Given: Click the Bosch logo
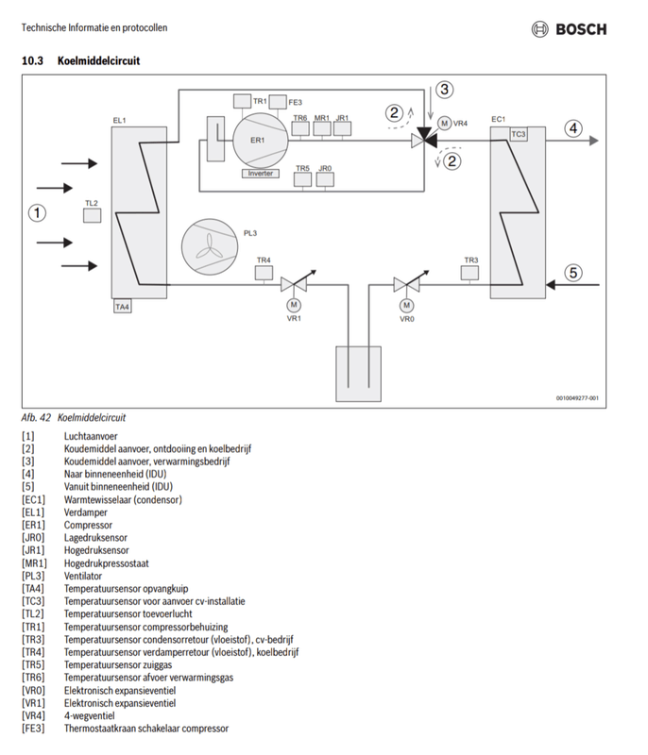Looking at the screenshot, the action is pos(569,29).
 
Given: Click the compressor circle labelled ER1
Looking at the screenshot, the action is pos(260,141).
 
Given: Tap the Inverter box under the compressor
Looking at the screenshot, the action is pos(260,174).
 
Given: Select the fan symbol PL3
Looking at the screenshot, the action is pos(210,247).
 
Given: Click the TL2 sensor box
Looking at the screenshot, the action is pos(92,215).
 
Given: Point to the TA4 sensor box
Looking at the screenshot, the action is pos(123,306).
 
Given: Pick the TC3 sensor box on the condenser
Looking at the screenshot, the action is pos(519,134).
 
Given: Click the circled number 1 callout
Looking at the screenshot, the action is pos(37,213).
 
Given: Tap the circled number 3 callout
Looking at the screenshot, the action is pos(444,89).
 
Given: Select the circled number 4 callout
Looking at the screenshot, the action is pos(573,128).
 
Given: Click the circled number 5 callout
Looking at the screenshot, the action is pos(573,273).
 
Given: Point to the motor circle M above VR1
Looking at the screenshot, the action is pos(294,305).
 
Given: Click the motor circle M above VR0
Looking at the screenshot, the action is pos(407,305).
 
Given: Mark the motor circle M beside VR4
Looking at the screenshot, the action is pos(444,124).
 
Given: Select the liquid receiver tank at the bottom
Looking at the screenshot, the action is pos(358,374).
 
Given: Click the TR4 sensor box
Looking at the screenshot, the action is pos(264,273).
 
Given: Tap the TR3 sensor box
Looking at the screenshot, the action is pos(469,273).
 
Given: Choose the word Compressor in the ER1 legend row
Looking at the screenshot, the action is pos(88,525).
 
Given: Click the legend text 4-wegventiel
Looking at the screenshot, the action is pos(89,715).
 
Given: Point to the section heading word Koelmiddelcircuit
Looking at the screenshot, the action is pos(99,60).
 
